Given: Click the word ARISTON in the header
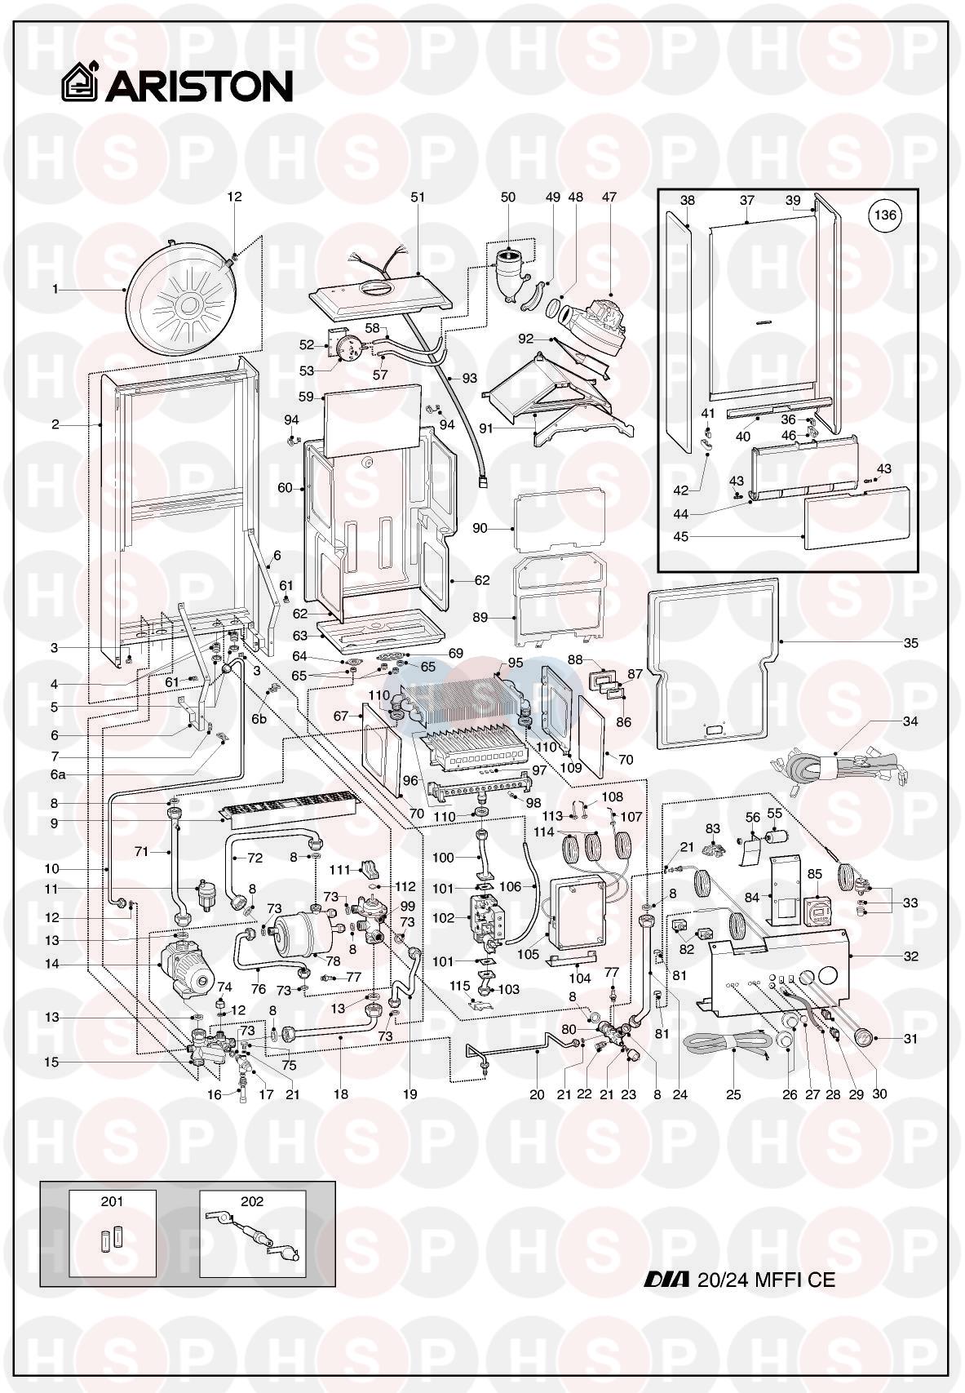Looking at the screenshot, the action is [199, 86].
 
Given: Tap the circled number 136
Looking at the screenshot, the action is [885, 215].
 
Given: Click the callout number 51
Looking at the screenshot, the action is [418, 197].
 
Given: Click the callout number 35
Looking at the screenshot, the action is [910, 643].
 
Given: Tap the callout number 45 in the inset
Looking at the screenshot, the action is [681, 536].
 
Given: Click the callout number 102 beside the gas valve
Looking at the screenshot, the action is [443, 918].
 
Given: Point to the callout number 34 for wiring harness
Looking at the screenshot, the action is [910, 721].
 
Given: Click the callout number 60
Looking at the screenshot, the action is [285, 488].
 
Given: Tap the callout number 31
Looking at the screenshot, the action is [910, 1039].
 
